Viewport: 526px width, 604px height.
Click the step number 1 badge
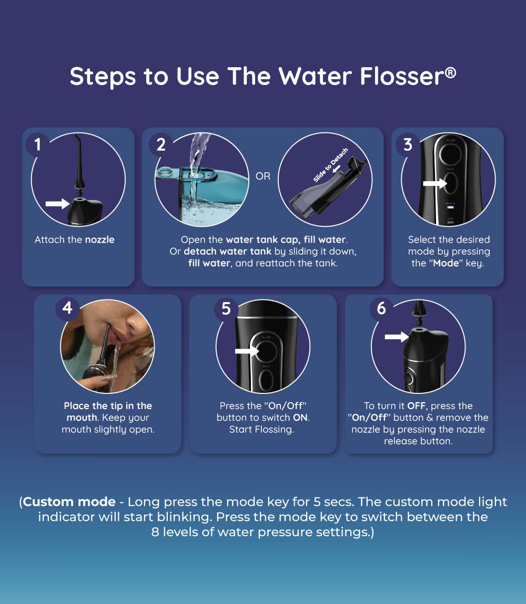37,144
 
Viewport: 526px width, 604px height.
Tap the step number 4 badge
67,307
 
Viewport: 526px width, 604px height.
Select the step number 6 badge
381,308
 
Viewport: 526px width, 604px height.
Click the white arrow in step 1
57,204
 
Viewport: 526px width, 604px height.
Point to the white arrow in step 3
434,184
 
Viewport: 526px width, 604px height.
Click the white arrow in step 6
397,337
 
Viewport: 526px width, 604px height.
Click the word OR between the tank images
263,176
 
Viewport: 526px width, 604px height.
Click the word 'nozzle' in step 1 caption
99,240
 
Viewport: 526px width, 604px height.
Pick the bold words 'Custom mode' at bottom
69,502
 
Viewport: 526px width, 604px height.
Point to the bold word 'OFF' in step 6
417,406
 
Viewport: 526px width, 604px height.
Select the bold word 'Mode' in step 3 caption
446,263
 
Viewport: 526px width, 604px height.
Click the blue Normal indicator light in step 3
450,209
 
